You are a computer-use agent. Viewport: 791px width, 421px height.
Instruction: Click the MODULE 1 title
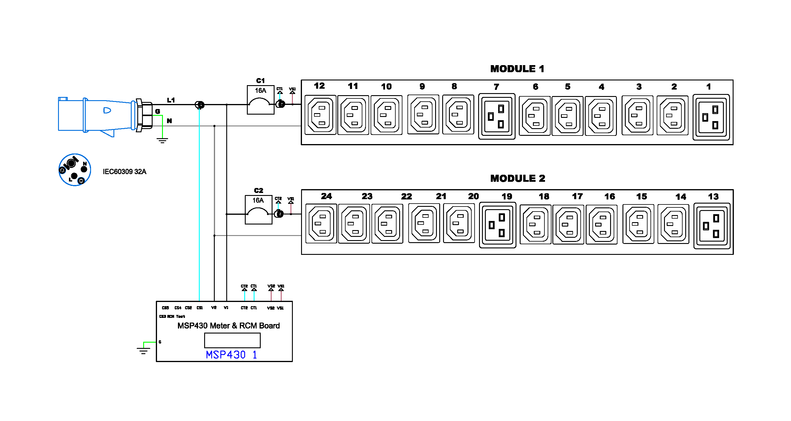point(517,69)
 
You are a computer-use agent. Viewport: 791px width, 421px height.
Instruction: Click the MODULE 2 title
point(517,179)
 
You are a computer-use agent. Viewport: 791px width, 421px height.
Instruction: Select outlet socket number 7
point(496,116)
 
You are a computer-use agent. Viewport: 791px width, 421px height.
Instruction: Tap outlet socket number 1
point(711,117)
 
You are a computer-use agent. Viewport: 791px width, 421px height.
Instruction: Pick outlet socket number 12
point(320,115)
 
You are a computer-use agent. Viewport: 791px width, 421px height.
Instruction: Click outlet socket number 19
point(498,225)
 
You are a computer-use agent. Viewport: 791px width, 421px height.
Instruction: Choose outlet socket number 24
point(321,224)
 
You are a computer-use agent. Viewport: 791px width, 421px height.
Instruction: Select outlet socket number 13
point(712,226)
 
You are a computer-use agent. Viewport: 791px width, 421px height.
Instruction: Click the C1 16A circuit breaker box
point(260,100)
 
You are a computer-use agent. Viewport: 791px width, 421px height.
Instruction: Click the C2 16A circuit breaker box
point(258,210)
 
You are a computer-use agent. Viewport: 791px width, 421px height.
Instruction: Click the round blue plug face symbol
point(75,170)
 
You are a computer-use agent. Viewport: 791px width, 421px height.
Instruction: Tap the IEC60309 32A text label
point(124,172)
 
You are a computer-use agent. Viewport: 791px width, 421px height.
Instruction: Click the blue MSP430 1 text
point(231,355)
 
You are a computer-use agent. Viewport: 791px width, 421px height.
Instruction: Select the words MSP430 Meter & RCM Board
point(228,326)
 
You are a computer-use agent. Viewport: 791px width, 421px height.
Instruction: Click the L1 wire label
point(171,100)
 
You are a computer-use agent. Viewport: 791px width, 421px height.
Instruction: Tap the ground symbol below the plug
point(162,141)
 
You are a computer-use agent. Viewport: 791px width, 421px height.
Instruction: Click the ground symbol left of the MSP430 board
point(143,351)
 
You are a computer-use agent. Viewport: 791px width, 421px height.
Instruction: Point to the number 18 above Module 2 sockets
point(544,197)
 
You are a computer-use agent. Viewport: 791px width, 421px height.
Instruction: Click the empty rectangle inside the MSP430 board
point(232,341)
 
